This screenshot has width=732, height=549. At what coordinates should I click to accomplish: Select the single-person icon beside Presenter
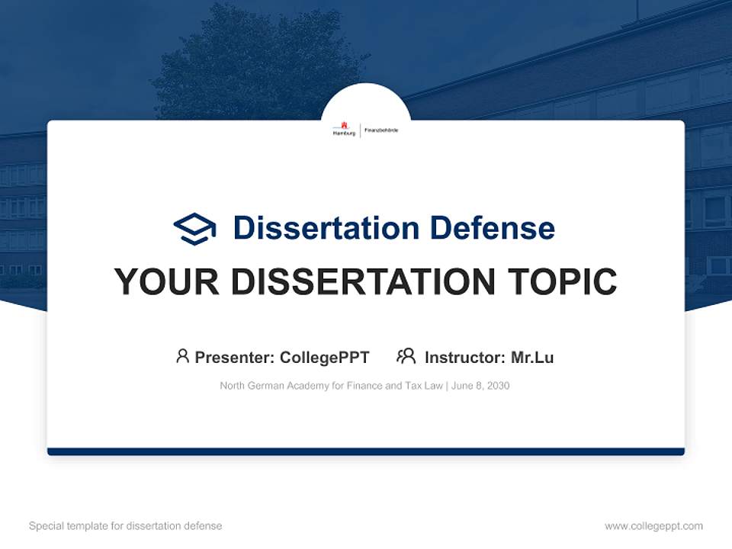tap(182, 356)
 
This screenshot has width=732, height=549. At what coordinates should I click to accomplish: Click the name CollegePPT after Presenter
tap(325, 358)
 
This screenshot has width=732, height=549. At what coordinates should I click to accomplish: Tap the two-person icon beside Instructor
tap(406, 356)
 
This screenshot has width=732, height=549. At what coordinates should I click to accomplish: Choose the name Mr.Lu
tap(532, 358)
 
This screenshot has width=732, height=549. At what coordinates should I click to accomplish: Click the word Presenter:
tap(235, 358)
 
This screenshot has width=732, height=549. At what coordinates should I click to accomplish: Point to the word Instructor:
tap(464, 358)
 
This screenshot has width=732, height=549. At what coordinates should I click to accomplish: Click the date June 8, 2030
tap(480, 386)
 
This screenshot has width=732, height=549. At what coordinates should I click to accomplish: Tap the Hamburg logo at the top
tap(344, 130)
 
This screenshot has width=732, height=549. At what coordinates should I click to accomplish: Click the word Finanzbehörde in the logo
tap(381, 130)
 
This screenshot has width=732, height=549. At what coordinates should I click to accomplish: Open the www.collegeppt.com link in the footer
tap(653, 526)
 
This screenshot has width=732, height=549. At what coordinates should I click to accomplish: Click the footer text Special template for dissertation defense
tap(126, 526)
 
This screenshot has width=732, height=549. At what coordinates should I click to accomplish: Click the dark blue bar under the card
tap(366, 451)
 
